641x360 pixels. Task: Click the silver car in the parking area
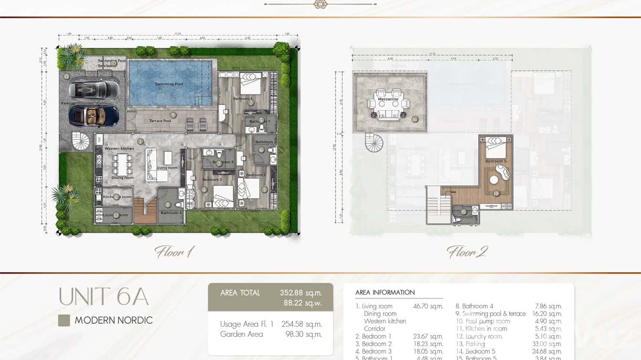click(x=94, y=89)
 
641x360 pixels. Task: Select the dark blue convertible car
click(x=94, y=115)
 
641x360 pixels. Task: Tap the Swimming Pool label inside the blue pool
click(x=169, y=85)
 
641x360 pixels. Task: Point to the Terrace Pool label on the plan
click(x=160, y=121)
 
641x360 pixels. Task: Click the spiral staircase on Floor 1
click(x=80, y=141)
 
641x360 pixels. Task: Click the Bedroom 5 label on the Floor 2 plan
click(x=496, y=161)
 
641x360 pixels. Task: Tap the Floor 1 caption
click(x=174, y=252)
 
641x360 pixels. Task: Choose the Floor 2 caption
click(x=467, y=252)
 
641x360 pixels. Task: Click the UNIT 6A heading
click(x=103, y=297)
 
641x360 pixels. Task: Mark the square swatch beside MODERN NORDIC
click(x=64, y=320)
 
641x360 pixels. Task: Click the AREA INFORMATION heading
click(x=385, y=292)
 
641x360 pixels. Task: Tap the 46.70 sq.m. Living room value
click(x=428, y=307)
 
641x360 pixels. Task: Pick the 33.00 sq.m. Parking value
click(x=548, y=344)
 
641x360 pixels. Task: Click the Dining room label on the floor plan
click(x=122, y=178)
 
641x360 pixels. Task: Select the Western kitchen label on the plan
click(x=119, y=148)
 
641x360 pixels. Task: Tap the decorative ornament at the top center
click(x=320, y=4)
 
